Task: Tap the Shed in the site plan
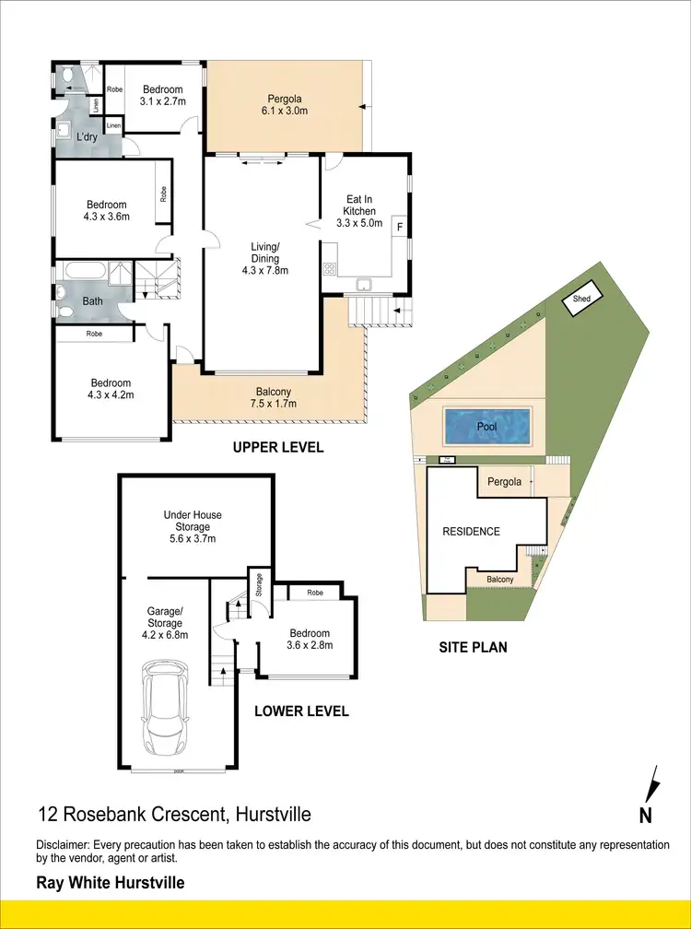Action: [x=581, y=300]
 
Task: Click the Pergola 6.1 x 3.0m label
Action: [x=287, y=104]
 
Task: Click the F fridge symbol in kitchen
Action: [x=399, y=224]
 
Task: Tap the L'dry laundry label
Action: [x=87, y=137]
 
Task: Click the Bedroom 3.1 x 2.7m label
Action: [x=163, y=95]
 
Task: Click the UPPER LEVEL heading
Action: [x=277, y=448]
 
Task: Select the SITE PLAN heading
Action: [x=473, y=647]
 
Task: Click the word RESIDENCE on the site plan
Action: [x=471, y=532]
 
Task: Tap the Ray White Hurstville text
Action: [x=110, y=883]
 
